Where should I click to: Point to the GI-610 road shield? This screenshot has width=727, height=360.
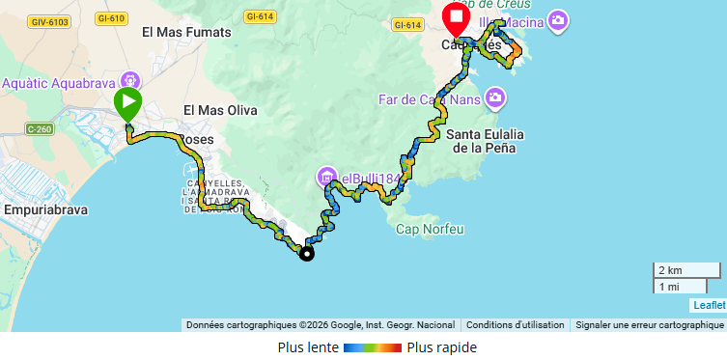point(112,18)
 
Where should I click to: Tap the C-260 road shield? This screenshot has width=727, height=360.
point(41,128)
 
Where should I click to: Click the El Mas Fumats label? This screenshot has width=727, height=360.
point(186,32)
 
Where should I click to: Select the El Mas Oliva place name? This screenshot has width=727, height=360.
point(220,110)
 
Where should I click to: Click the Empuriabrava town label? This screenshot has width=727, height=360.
point(48,208)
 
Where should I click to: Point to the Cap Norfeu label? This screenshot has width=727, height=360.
point(430,229)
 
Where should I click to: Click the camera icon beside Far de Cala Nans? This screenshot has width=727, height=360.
point(495,97)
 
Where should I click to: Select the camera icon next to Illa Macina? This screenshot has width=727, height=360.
point(557,20)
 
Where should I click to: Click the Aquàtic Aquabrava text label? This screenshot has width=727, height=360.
point(59,82)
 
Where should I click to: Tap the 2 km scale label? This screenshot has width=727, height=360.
point(670,269)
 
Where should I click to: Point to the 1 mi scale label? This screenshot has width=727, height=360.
point(668,287)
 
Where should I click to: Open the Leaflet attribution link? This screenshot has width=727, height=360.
point(708,305)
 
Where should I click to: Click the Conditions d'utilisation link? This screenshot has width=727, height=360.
point(515,325)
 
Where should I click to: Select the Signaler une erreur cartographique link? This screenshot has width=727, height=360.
point(648,325)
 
